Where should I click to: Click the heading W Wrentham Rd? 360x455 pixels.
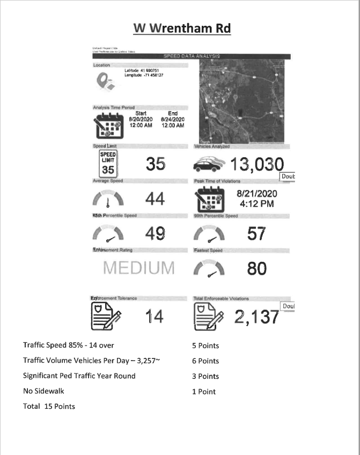tap(182, 28)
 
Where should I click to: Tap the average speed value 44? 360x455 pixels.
tap(156, 200)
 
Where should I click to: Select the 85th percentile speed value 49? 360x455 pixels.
tap(155, 233)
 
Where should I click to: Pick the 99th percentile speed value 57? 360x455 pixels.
tap(256, 233)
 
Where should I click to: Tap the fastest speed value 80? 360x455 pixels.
tap(256, 268)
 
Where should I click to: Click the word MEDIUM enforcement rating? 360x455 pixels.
tap(139, 268)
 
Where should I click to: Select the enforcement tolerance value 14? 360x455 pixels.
tap(155, 317)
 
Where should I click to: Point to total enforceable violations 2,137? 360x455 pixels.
tap(257, 317)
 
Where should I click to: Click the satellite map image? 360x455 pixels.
tap(244, 101)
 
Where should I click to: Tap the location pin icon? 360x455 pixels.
tap(104, 80)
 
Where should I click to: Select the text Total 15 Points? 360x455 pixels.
tap(49, 406)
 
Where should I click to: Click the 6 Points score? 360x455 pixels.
tap(205, 361)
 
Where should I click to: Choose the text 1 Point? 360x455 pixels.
tap(204, 392)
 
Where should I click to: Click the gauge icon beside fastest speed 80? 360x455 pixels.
tap(210, 268)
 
